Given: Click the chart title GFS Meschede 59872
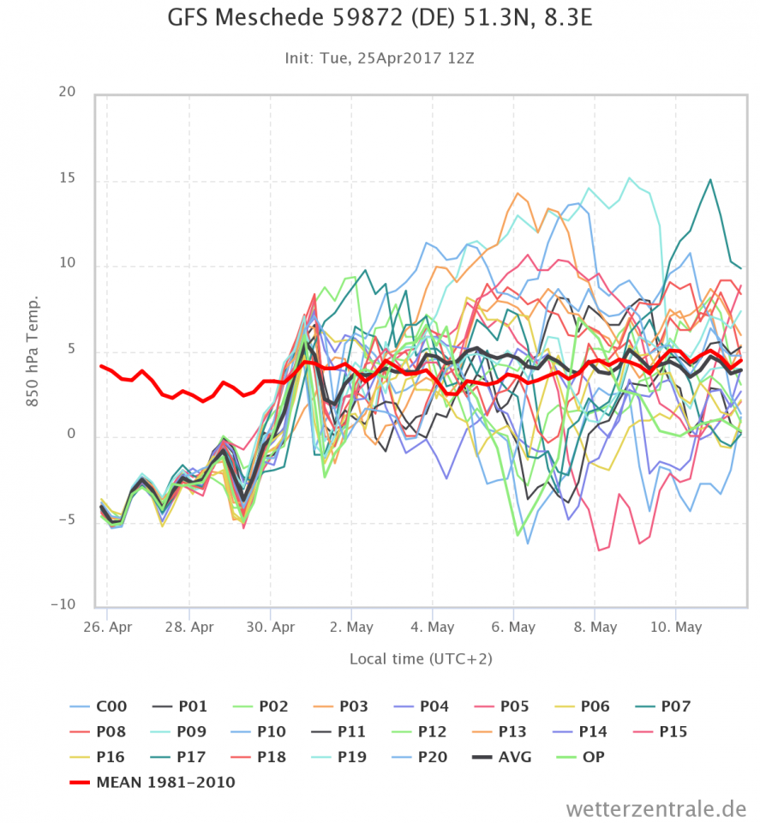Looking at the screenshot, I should pos(378,20).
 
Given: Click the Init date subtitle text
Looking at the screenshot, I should pos(379,58).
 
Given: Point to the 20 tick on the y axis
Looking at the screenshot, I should pos(66,93).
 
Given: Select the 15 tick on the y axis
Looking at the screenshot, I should pos(66,179).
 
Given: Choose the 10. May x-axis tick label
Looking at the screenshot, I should pos(675,627).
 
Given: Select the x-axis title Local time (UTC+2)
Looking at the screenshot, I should pos(421,659).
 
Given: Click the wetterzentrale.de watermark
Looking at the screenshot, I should pos(655,808).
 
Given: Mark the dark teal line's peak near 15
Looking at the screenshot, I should pos(710,180).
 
